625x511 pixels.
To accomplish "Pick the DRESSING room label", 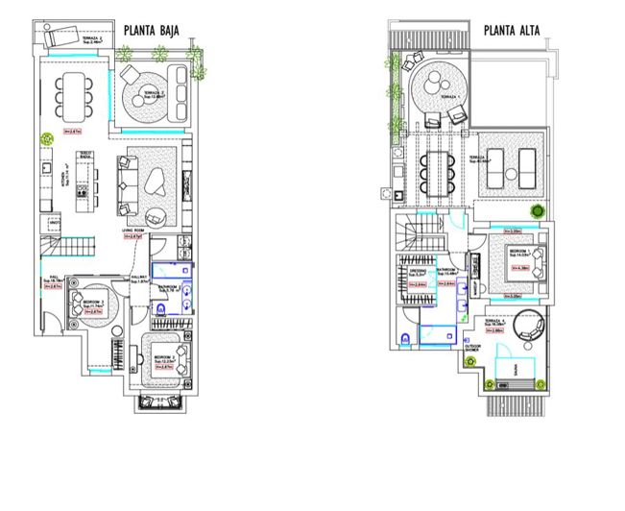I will point(417,272).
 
